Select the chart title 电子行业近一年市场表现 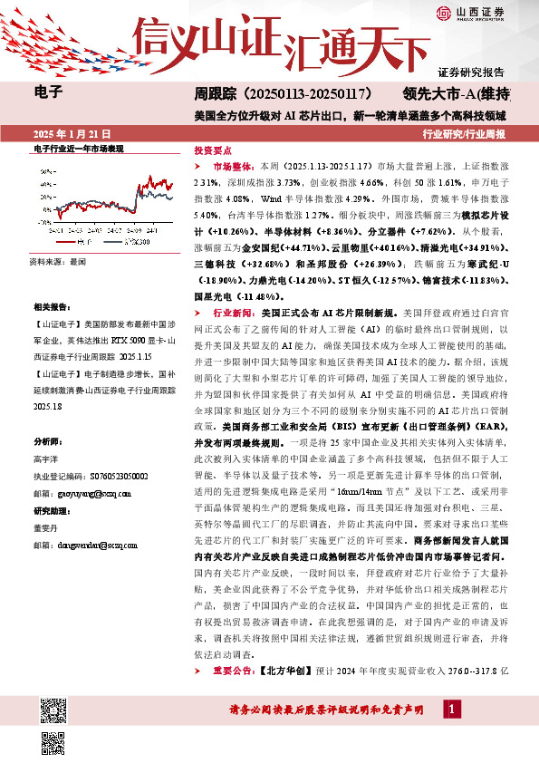pos(78,147)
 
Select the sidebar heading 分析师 pos(45,442)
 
